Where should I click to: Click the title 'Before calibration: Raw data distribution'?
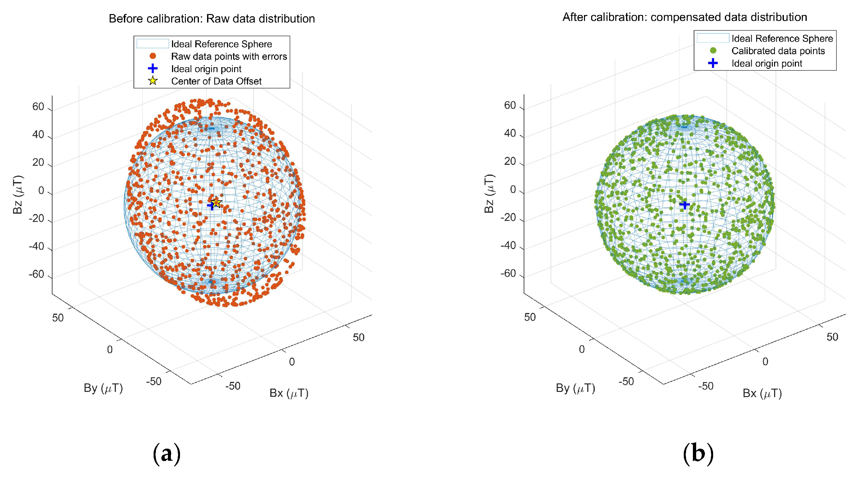click(212, 18)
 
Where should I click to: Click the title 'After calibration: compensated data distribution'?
click(685, 17)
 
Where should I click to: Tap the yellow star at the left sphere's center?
click(216, 203)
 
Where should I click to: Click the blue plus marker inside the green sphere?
click(684, 205)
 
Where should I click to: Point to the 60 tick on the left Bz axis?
click(38, 107)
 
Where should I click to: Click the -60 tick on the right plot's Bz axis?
click(508, 273)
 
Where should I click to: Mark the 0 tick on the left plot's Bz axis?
click(41, 191)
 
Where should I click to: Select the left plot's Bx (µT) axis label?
click(289, 393)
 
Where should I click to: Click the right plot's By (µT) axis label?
click(576, 388)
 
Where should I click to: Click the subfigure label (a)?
click(166, 454)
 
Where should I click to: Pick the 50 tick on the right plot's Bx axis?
click(832, 337)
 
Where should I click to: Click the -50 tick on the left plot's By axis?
click(154, 381)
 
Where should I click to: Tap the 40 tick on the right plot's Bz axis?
click(510, 133)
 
